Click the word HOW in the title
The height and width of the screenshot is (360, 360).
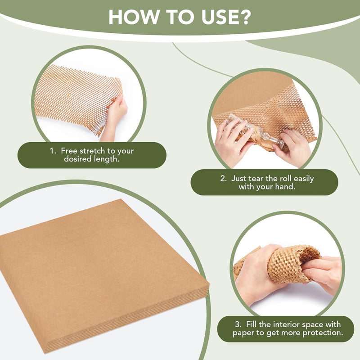pyautogui.click(x=133, y=17)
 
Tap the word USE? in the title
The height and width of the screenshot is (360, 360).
pyautogui.click(x=226, y=17)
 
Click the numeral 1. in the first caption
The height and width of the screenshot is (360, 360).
pyautogui.click(x=53, y=151)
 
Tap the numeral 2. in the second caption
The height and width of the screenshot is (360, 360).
pyautogui.click(x=224, y=179)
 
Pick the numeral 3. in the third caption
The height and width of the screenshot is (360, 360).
pyautogui.click(x=238, y=324)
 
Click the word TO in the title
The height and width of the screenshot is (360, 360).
pyautogui.click(x=180, y=17)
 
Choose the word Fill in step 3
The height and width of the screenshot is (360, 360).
pyautogui.click(x=252, y=324)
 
